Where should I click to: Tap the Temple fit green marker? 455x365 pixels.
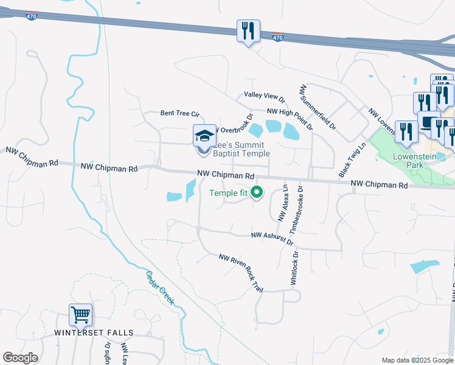point(257,193)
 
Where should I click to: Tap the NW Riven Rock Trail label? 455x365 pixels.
point(241,272)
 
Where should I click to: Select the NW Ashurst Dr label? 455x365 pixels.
point(273,235)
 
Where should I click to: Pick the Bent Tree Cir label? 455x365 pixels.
point(179,113)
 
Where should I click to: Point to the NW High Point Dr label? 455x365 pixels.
point(290,119)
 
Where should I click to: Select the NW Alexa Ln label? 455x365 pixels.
point(282,204)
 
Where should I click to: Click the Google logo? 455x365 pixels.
point(20,358)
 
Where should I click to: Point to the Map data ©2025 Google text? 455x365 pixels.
point(417,360)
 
